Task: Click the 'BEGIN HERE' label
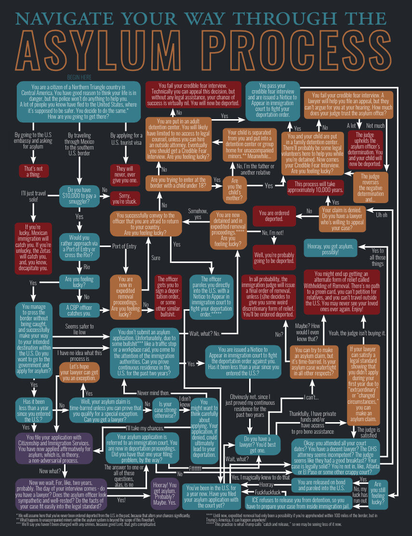click(x=80, y=77)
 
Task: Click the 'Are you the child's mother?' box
click(x=235, y=186)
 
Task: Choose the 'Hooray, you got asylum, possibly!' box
click(x=331, y=249)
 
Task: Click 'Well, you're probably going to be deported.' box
click(x=275, y=258)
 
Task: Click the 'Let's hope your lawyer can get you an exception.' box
click(x=80, y=372)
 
